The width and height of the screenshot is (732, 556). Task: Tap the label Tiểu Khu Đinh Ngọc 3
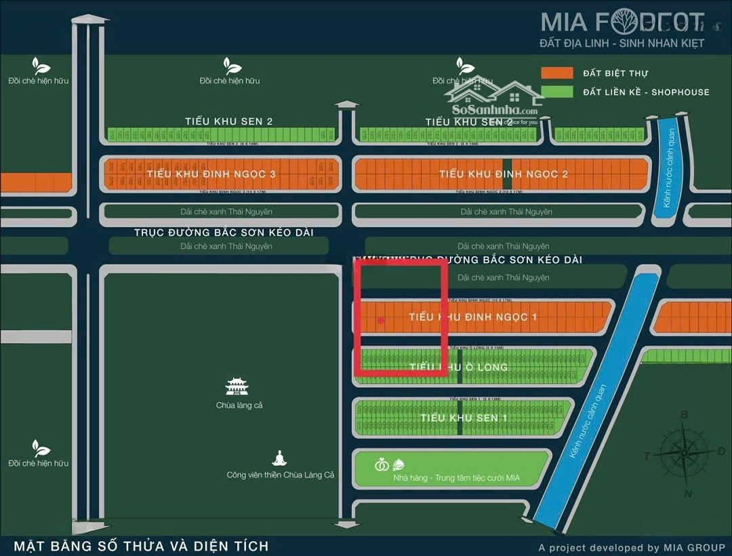(x=211, y=174)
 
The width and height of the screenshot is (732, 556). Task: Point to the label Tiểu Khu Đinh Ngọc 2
(x=504, y=174)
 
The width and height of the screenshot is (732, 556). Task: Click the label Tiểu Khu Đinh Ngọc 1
(x=473, y=317)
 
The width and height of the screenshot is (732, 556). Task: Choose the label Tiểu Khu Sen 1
(x=464, y=418)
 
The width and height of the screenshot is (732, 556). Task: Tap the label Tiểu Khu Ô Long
(x=459, y=367)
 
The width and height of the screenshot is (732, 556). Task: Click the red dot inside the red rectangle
(x=381, y=320)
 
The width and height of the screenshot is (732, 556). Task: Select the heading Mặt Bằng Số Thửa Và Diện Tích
(x=141, y=546)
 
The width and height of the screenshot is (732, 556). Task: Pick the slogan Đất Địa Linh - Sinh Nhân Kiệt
(x=622, y=43)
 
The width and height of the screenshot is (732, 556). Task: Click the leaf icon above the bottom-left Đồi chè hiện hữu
(x=41, y=448)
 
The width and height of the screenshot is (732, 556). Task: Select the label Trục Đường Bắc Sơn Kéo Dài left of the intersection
(x=224, y=233)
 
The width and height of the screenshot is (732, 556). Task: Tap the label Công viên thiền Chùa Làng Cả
(x=281, y=475)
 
